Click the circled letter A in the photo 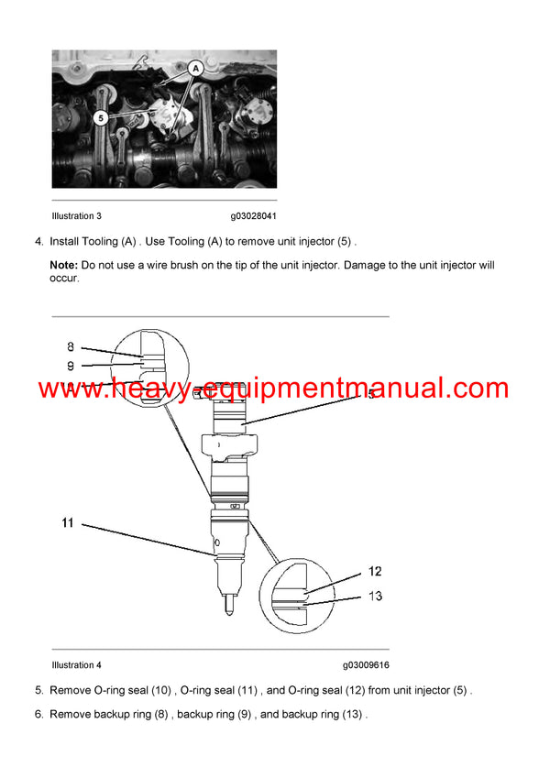click(x=194, y=68)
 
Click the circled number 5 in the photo click(x=100, y=117)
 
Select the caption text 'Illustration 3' click(x=77, y=216)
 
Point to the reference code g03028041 click(x=253, y=216)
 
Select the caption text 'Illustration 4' click(x=77, y=665)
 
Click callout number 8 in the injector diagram click(x=71, y=346)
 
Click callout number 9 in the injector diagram click(x=71, y=366)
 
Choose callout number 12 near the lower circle click(x=375, y=571)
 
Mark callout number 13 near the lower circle click(x=375, y=596)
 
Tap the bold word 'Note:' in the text click(x=64, y=265)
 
